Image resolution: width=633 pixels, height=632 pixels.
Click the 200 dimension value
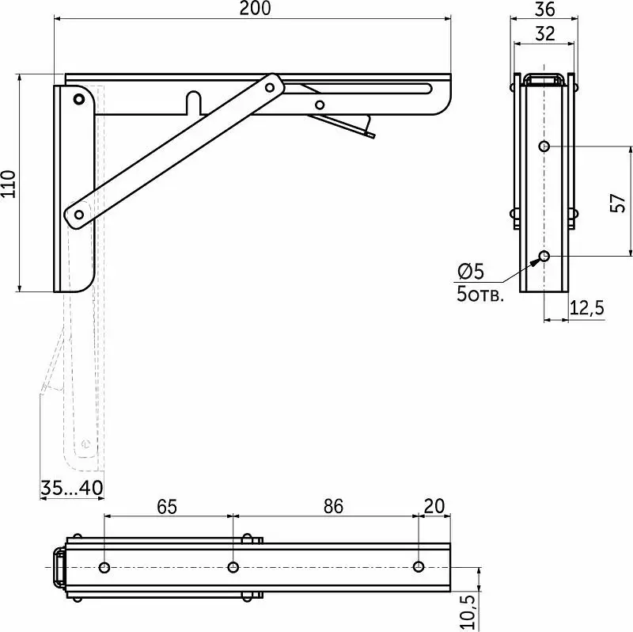click(255, 9)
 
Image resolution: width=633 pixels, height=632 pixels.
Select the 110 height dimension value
click(9, 184)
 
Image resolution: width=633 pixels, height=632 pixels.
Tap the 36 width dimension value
click(544, 10)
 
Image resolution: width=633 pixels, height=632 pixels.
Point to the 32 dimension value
click(544, 34)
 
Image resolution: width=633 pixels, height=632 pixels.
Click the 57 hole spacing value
click(618, 203)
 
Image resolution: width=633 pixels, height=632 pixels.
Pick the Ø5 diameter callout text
click(471, 272)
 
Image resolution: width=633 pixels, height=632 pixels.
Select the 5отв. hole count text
click(480, 294)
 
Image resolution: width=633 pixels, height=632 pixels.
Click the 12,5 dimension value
click(586, 308)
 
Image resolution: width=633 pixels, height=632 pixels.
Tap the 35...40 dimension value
click(72, 488)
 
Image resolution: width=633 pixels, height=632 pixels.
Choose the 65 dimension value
click(167, 507)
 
